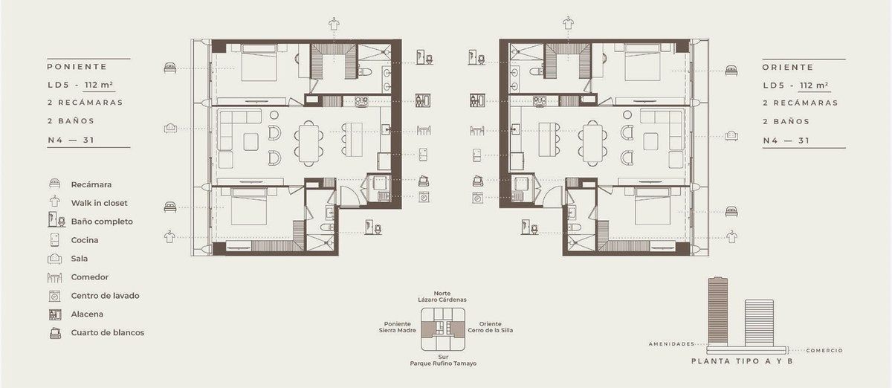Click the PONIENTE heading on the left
(x=77, y=67)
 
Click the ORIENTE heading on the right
(x=788, y=68)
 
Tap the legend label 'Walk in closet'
(x=99, y=203)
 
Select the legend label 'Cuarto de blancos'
(x=108, y=333)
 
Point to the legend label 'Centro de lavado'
(x=105, y=296)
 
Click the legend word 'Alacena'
(x=87, y=314)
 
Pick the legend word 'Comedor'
(x=90, y=277)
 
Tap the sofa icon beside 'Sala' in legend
(x=54, y=259)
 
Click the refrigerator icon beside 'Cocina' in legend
(x=54, y=240)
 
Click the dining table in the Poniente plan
(x=309, y=143)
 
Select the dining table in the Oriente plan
(x=592, y=143)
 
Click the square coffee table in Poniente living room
(x=251, y=142)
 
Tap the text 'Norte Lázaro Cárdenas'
(x=442, y=297)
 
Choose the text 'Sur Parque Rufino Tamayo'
(x=443, y=360)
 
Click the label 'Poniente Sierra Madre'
(x=398, y=327)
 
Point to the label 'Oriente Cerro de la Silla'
(x=490, y=327)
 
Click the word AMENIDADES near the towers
(x=671, y=344)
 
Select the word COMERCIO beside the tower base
(x=824, y=351)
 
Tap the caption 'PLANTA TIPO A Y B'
(x=742, y=361)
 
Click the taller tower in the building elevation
(x=717, y=311)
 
